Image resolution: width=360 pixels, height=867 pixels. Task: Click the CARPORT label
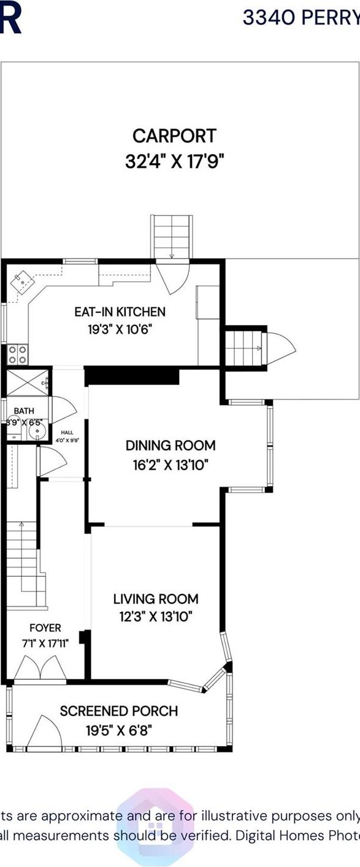[175, 135]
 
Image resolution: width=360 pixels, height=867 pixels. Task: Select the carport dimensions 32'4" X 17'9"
[175, 162]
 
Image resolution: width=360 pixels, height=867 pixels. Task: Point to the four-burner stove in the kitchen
[17, 353]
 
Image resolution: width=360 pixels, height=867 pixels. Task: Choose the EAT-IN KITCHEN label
[120, 312]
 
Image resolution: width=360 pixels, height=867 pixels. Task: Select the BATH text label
[24, 411]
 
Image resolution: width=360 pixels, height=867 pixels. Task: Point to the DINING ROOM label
[170, 445]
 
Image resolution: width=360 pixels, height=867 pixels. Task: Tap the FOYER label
[45, 628]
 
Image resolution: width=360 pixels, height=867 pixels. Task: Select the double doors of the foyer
[40, 669]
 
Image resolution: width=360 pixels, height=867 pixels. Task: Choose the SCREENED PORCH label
[119, 711]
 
